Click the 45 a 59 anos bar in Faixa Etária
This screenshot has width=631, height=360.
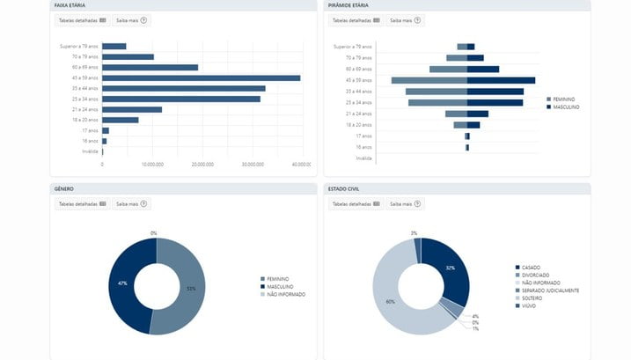tap(201, 77)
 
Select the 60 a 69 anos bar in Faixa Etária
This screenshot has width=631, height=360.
tap(150, 67)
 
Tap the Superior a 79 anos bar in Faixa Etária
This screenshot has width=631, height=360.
tap(114, 46)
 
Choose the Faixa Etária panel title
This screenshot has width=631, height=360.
tap(70, 5)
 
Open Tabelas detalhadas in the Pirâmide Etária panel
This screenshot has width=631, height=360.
tap(356, 19)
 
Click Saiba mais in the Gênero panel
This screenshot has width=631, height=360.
tap(131, 203)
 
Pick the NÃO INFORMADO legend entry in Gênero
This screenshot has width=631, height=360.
tap(286, 294)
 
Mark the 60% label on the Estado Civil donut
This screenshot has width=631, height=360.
tap(392, 301)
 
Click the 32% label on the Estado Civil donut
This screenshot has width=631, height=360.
tap(450, 268)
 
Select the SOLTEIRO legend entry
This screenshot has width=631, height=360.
tap(535, 298)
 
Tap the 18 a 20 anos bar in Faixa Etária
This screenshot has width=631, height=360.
tap(121, 120)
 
